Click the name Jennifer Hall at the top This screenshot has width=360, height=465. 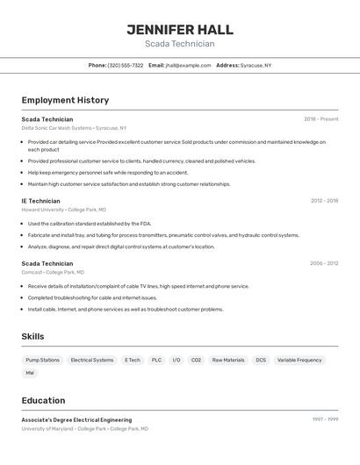click(180, 30)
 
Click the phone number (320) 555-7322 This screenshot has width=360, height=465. click(126, 65)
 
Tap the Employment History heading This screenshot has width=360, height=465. click(65, 100)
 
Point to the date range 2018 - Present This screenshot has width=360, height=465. click(320, 119)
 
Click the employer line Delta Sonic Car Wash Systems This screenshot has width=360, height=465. click(74, 128)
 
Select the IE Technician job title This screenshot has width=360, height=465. click(41, 201)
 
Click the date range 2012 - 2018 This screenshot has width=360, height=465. click(324, 201)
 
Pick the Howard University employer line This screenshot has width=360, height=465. click(63, 210)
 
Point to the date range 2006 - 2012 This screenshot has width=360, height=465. click(323, 263)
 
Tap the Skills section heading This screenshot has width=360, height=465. click(32, 336)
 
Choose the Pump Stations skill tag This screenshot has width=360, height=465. click(43, 360)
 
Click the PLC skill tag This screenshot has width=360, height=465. click(156, 360)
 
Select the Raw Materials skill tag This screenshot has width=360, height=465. click(228, 360)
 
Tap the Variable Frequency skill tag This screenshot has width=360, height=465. click(299, 360)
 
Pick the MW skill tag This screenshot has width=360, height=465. click(30, 373)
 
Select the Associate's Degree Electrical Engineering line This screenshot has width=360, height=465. click(76, 420)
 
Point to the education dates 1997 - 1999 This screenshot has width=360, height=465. click(324, 419)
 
